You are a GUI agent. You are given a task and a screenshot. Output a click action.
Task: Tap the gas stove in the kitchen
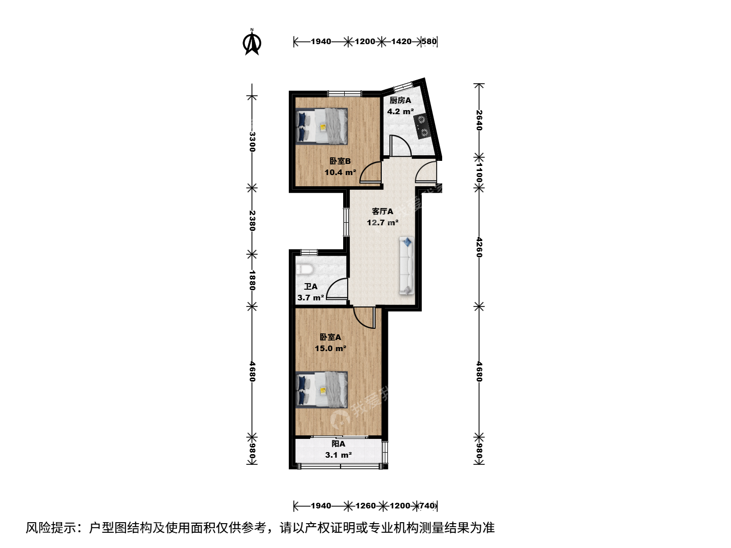(x=422, y=126)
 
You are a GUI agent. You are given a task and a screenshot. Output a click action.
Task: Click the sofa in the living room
(x=407, y=265)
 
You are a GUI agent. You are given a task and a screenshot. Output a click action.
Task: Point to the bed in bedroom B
(x=322, y=126)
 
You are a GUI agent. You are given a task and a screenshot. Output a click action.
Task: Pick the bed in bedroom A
(x=322, y=389)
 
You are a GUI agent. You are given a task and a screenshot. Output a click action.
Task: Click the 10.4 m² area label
(x=340, y=173)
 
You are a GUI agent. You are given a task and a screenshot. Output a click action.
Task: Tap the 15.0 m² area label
(x=330, y=349)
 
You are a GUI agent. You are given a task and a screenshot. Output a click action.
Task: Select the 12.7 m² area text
(x=383, y=223)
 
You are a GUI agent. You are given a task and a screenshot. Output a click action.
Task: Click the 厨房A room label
(x=401, y=100)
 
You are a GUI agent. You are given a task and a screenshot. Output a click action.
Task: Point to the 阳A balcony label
(x=339, y=443)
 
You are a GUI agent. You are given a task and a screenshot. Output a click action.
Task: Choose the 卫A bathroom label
(x=311, y=287)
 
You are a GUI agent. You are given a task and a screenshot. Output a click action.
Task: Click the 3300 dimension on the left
(x=252, y=142)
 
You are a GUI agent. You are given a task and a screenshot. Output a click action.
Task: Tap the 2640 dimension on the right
(x=479, y=120)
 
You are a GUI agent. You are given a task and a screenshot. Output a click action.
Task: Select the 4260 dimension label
(x=479, y=247)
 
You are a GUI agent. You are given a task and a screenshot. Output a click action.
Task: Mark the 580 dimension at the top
(x=429, y=42)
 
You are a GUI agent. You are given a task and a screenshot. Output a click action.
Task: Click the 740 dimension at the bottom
(x=427, y=506)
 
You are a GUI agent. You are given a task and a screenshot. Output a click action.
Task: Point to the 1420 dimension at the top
(x=402, y=42)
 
